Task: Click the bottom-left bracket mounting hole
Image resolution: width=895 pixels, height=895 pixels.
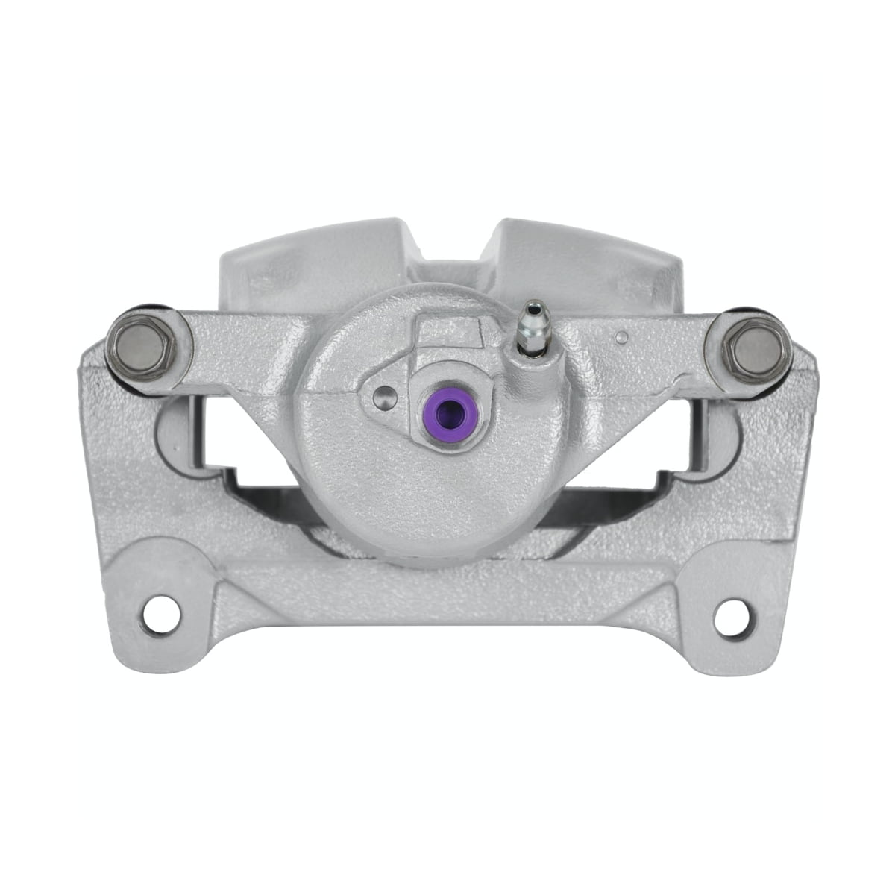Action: pos(161,616)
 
